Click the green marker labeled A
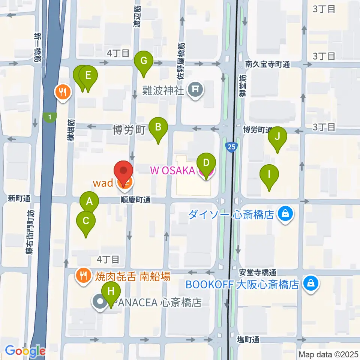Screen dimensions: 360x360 [89, 202]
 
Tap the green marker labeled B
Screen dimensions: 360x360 [158, 127]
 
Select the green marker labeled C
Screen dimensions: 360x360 [86, 221]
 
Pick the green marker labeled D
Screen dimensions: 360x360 [206, 163]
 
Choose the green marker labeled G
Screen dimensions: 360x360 [144, 61]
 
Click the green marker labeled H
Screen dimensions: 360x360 [111, 291]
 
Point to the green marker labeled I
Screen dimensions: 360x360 [269, 174]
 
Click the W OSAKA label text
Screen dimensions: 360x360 [172, 171]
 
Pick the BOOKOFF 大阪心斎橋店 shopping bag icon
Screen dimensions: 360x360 [310, 283]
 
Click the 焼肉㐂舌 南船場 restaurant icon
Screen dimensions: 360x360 [82, 276]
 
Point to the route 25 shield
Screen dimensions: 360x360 [231, 147]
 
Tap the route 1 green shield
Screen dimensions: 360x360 [50, 117]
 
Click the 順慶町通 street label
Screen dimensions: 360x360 [136, 200]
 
